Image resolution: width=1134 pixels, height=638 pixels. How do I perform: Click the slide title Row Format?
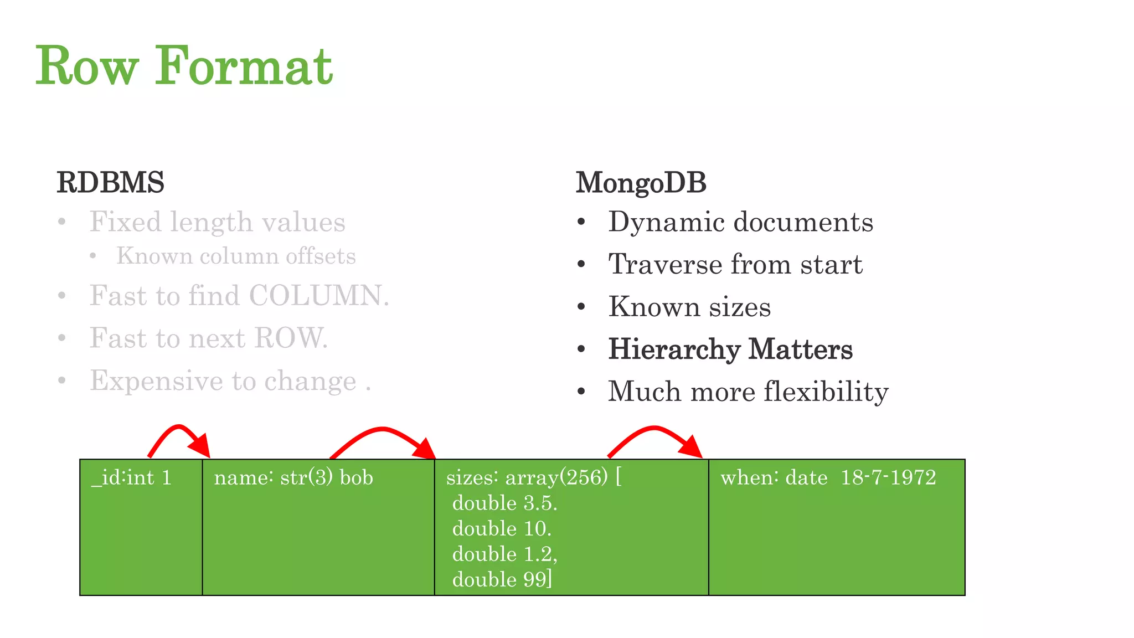tap(184, 66)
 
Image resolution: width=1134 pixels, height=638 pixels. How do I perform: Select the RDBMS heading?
tap(110, 183)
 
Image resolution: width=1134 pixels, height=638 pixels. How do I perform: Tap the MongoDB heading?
tap(641, 183)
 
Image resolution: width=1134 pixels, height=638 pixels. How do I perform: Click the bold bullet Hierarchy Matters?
tap(730, 349)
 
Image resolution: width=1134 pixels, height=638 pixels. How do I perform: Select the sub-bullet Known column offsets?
tap(236, 256)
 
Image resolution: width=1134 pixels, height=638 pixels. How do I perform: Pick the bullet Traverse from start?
tap(735, 264)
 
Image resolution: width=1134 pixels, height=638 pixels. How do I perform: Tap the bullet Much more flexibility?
tap(748, 392)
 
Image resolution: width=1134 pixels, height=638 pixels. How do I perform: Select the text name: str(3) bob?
tap(293, 477)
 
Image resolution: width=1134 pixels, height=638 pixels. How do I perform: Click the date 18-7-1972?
tap(888, 477)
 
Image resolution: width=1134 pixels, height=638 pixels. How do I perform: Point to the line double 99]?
tap(502, 579)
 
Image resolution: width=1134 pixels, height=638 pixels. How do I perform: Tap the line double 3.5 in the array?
tap(504, 503)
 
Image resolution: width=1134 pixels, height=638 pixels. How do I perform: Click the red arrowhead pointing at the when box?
tap(692, 446)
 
